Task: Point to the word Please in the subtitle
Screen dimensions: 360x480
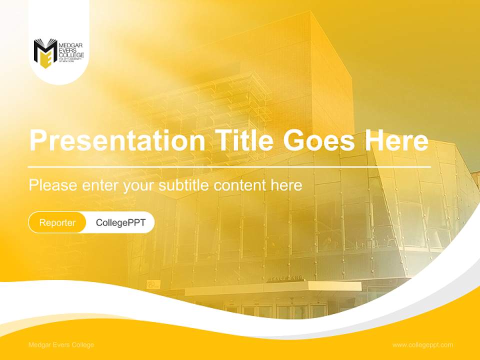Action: (x=53, y=185)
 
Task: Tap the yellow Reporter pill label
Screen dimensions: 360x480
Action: (x=57, y=222)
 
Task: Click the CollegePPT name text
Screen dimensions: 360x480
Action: (x=120, y=222)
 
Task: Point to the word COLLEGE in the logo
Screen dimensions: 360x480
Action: (x=71, y=55)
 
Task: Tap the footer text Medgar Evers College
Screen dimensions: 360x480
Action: (x=61, y=345)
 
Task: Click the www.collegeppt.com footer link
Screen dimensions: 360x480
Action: (x=422, y=345)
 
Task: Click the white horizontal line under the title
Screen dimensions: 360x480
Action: (x=229, y=166)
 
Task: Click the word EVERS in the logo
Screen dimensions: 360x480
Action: (x=67, y=50)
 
